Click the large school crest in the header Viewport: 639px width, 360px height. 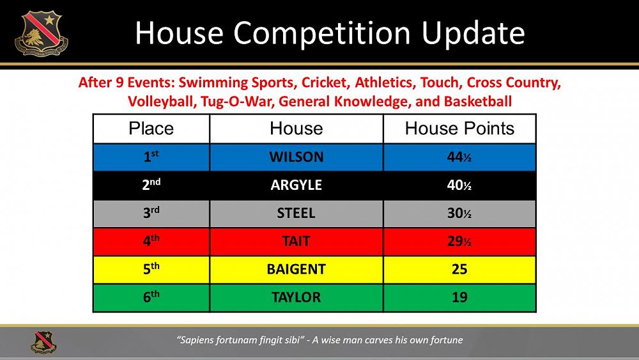(41, 33)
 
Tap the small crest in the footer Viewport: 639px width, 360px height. (43, 341)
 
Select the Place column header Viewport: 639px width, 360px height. (151, 129)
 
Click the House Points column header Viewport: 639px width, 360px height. (459, 129)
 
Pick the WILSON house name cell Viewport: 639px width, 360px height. (296, 157)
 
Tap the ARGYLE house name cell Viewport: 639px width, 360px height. (296, 185)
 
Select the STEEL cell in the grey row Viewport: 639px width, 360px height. (296, 213)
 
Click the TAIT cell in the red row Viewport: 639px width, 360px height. (296, 241)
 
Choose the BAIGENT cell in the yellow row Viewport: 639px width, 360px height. (296, 269)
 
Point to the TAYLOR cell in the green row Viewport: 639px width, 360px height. (296, 297)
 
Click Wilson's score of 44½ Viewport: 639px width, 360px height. (459, 157)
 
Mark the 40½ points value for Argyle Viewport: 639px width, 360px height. (459, 185)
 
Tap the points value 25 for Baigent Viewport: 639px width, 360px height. (459, 269)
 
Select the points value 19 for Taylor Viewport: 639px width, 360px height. (459, 297)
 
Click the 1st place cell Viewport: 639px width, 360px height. (151, 157)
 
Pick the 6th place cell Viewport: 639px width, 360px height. (151, 297)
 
